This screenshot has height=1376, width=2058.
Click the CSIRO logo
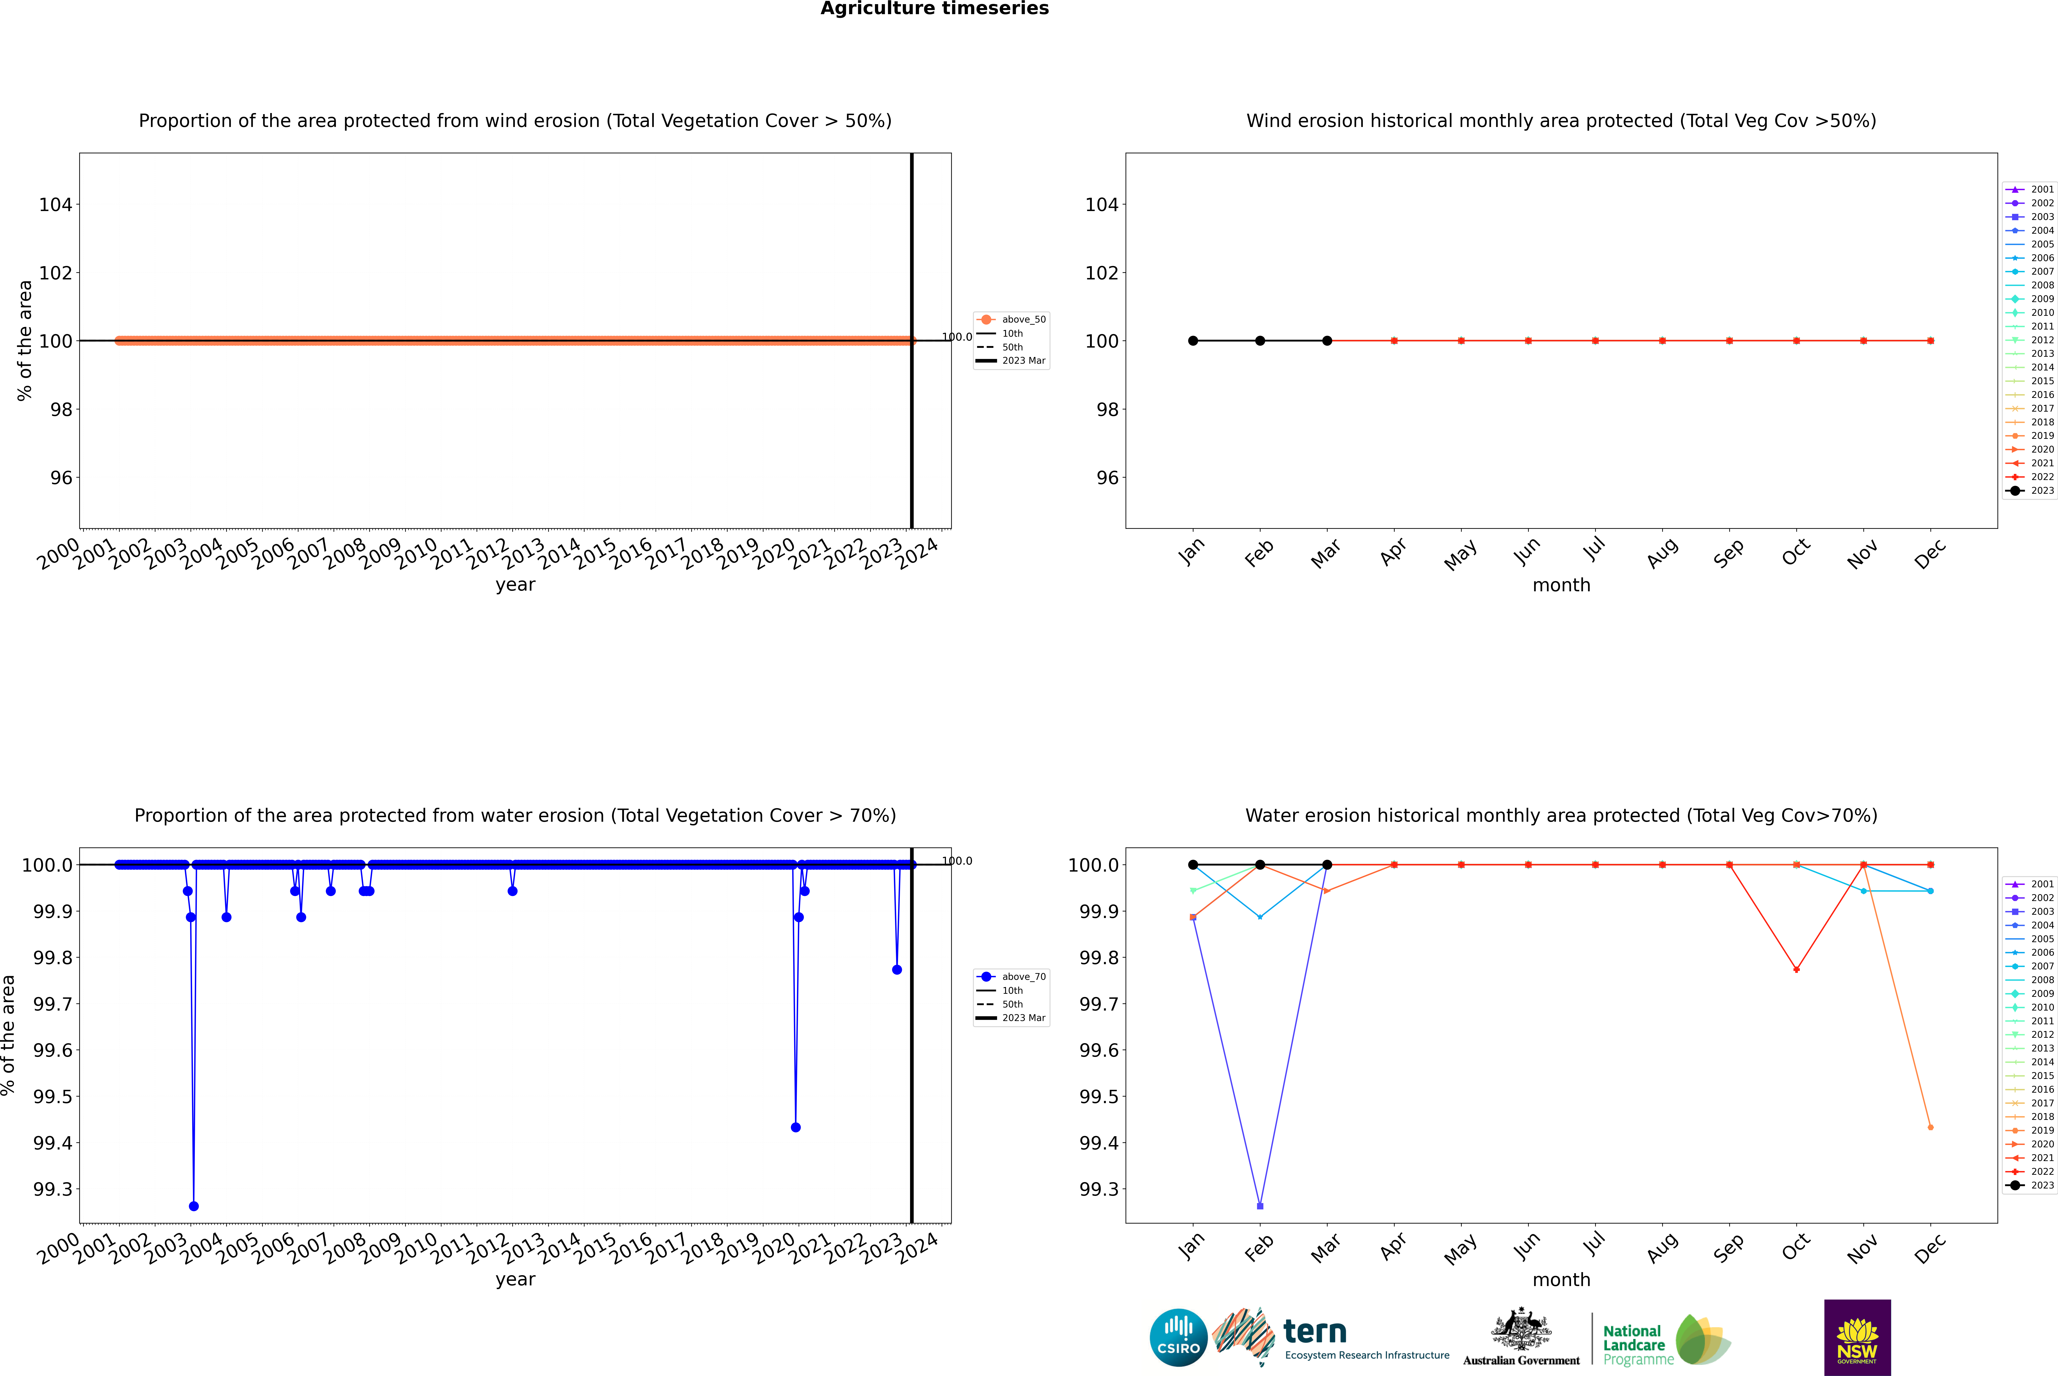[x=1178, y=1337]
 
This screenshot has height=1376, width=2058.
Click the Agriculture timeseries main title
[x=934, y=9]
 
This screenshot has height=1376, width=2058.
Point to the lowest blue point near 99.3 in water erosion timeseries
[x=194, y=1206]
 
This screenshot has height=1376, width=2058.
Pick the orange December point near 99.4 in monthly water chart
[x=1930, y=1127]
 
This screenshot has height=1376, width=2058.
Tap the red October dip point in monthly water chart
[x=1797, y=970]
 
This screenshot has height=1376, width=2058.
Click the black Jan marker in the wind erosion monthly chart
[x=1193, y=340]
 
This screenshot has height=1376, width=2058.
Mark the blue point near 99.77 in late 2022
[x=897, y=970]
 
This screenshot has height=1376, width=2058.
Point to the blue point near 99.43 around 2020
[x=796, y=1127]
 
